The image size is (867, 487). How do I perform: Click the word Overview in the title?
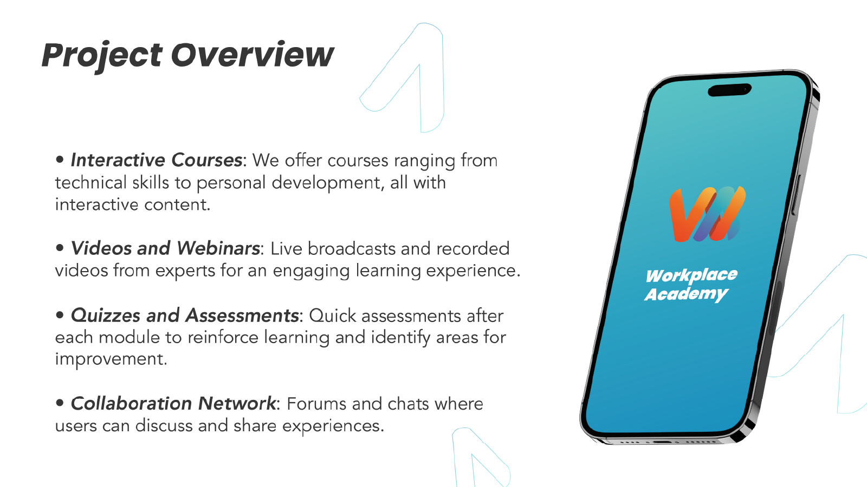[x=252, y=55]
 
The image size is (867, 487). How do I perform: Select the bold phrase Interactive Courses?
[x=157, y=160]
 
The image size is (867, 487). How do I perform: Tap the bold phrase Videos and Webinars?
[x=165, y=248]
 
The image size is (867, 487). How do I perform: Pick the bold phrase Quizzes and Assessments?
[x=185, y=315]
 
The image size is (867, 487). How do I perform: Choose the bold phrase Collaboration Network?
[x=173, y=404]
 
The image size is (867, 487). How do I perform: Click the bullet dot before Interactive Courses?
[x=60, y=159]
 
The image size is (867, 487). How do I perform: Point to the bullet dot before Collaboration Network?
[x=60, y=403]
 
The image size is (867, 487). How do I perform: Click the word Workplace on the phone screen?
[x=691, y=275]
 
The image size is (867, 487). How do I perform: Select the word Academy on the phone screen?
[x=687, y=294]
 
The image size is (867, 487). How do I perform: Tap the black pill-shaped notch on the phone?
[x=729, y=90]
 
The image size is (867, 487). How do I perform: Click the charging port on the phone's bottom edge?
[x=662, y=442]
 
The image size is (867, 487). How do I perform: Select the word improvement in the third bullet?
[x=111, y=359]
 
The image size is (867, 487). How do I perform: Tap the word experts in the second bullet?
[x=185, y=271]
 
